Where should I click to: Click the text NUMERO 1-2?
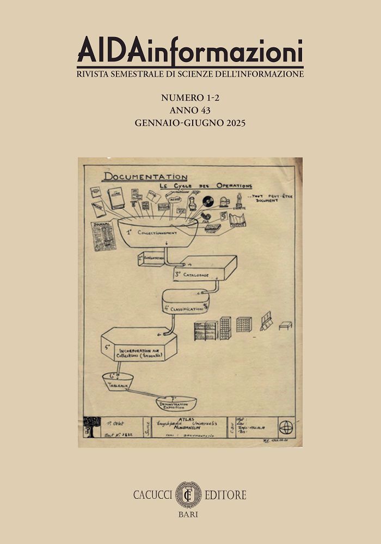click(190, 98)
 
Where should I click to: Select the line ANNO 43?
click(190, 110)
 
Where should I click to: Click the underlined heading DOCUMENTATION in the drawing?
click(145, 177)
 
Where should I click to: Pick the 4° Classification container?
click(185, 304)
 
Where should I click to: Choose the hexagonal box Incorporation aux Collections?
click(139, 345)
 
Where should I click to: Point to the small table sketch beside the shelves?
click(285, 325)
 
